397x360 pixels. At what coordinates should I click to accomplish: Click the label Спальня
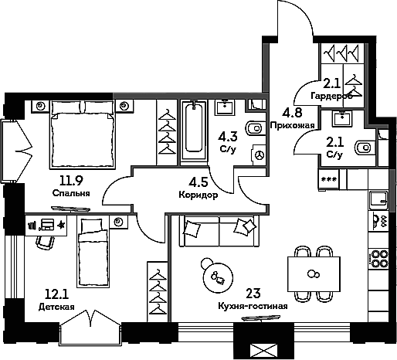(x=71, y=193)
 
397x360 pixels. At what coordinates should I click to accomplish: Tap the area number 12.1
(x=56, y=294)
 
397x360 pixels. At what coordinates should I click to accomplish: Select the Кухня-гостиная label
(x=253, y=307)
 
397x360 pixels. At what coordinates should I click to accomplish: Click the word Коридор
(x=198, y=195)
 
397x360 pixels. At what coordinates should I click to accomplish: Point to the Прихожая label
(x=292, y=125)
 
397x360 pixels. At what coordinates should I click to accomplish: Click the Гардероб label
(x=331, y=96)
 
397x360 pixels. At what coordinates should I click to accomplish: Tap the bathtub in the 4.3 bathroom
(x=194, y=131)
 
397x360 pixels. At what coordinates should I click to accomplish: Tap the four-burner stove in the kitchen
(x=378, y=259)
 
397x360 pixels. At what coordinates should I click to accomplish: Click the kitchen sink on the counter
(x=378, y=201)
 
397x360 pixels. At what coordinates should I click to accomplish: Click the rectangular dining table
(x=314, y=274)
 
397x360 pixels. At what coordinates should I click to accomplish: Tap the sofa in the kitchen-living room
(x=219, y=231)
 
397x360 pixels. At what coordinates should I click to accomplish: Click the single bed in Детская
(x=93, y=252)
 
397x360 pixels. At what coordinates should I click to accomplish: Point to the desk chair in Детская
(x=46, y=242)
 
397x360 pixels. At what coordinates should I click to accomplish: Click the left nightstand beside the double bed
(x=40, y=106)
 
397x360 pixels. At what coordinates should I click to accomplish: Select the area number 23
(x=253, y=294)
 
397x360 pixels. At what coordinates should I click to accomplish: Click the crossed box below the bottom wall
(x=263, y=351)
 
